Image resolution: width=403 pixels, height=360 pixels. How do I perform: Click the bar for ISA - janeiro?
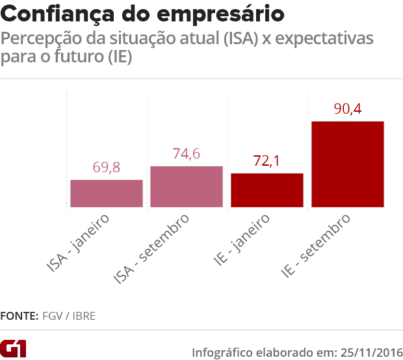[107, 194]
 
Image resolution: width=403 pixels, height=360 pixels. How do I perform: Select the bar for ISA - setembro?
[187, 187]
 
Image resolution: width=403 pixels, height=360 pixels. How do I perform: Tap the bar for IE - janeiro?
[267, 190]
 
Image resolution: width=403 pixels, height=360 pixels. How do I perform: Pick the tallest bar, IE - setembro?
[348, 164]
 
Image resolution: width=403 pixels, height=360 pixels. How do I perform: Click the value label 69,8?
[107, 168]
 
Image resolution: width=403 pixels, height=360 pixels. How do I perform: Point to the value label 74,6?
[187, 154]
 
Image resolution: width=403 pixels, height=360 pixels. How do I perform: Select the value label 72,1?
[266, 161]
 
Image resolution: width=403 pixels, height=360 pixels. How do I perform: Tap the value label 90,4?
[347, 109]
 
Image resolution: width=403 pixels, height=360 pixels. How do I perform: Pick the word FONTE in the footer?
[19, 316]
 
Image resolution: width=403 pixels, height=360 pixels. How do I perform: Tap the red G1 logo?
[13, 348]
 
